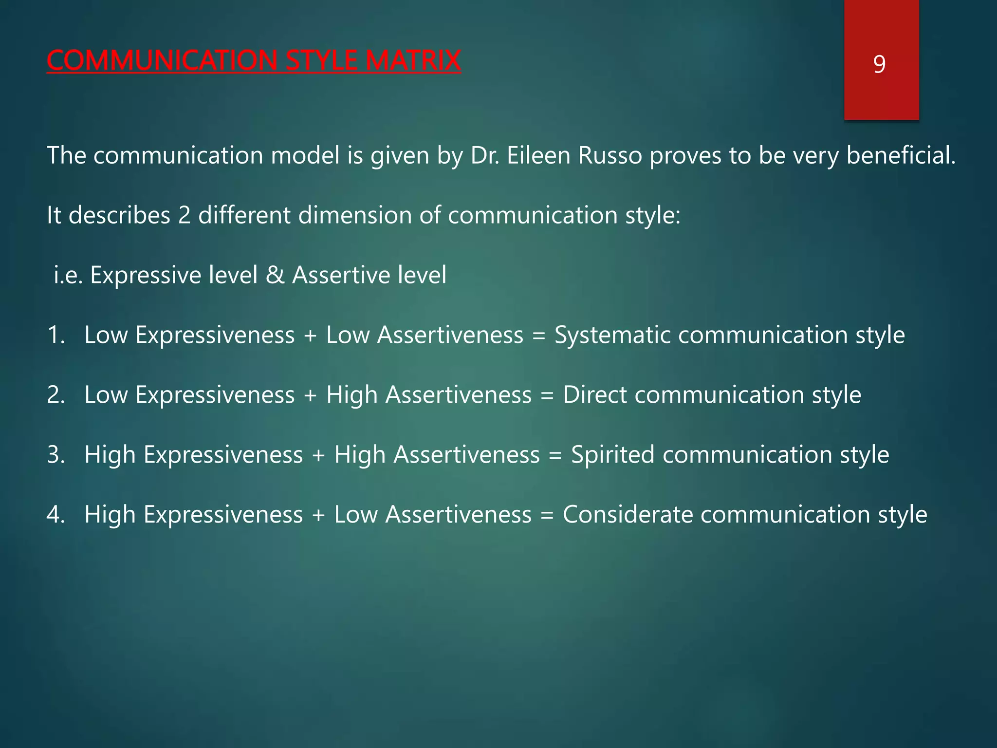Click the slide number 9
[x=879, y=64]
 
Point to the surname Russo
[x=610, y=155]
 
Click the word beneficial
[x=901, y=155]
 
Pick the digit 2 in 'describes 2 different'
[x=184, y=215]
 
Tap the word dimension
[x=355, y=215]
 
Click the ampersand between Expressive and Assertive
[x=275, y=275]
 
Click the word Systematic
[x=612, y=335]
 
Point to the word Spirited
[x=612, y=455]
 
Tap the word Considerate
[x=628, y=515]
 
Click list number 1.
[x=55, y=335]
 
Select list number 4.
[x=55, y=515]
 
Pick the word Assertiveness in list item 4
[x=458, y=515]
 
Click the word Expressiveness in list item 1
[x=215, y=335]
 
